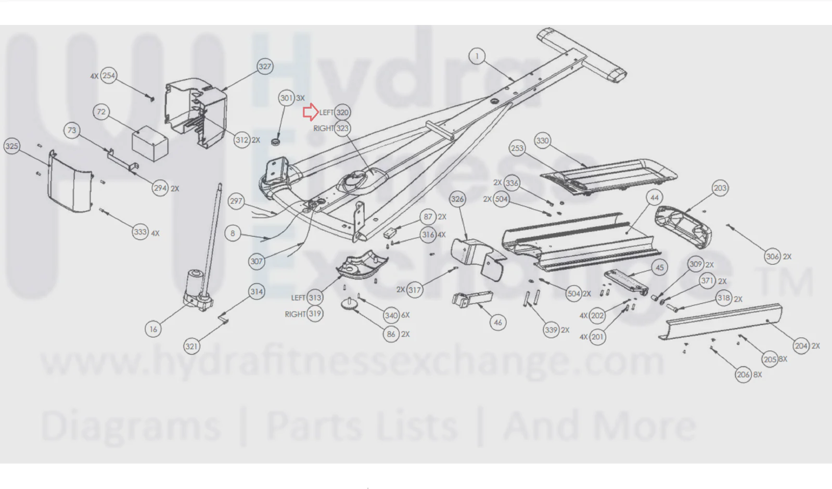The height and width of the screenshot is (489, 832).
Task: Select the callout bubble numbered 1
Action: tap(477, 56)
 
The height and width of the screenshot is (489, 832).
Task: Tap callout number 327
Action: tap(265, 67)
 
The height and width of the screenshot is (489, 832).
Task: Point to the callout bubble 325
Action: tap(12, 146)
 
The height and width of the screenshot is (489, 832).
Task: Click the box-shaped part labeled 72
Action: tap(150, 144)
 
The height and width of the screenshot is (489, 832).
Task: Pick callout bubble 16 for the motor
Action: tap(153, 329)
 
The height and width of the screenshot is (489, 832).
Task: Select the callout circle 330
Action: tap(542, 141)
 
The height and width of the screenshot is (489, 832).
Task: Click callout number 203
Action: tap(720, 188)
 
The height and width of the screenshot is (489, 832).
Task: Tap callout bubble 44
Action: tap(655, 198)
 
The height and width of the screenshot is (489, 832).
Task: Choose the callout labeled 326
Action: tap(457, 199)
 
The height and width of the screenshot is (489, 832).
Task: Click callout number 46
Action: tap(498, 323)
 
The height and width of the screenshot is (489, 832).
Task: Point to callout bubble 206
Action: tap(743, 375)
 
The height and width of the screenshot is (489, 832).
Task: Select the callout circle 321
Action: tap(191, 346)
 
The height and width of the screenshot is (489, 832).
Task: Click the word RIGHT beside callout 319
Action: tap(296, 314)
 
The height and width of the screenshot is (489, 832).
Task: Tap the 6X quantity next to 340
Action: tap(405, 315)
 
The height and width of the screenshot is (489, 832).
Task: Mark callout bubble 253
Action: tap(517, 148)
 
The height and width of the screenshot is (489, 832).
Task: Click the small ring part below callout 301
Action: tap(275, 142)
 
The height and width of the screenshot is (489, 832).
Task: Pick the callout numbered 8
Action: tap(233, 233)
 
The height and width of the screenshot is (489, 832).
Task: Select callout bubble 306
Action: tap(773, 256)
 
